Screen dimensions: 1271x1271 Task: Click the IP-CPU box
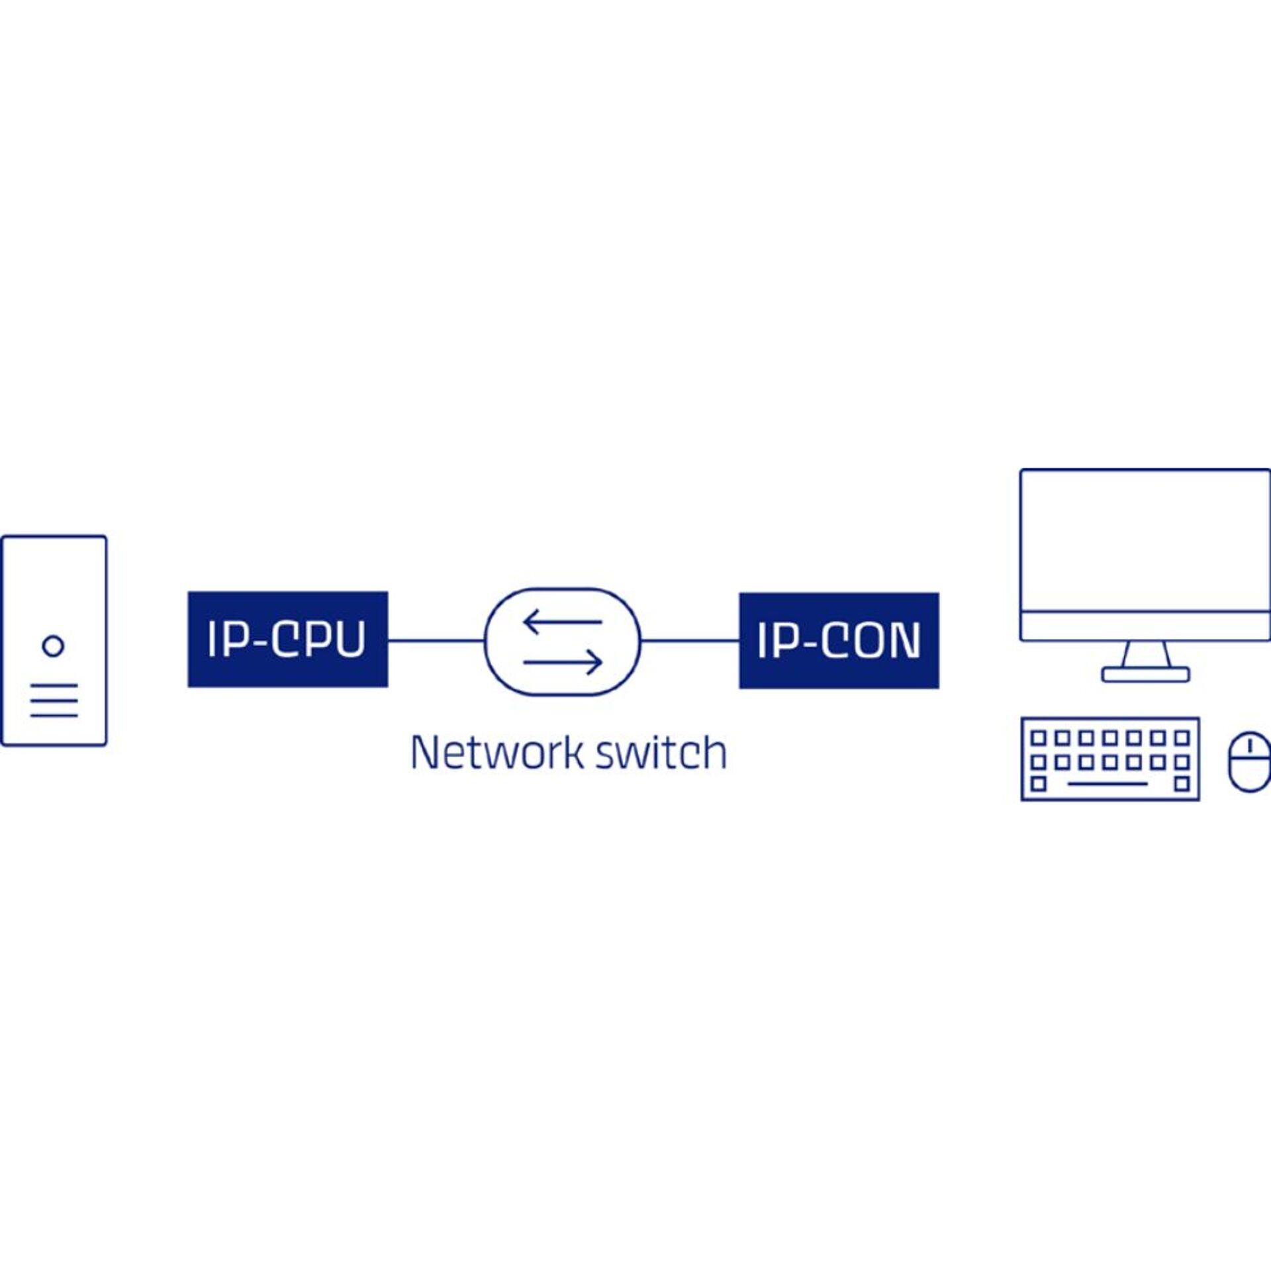[x=287, y=639]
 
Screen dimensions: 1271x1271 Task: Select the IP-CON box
[x=839, y=640]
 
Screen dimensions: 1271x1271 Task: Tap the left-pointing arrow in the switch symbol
[x=562, y=622]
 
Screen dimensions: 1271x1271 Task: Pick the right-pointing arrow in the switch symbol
[x=563, y=661]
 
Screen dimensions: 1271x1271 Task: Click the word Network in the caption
[x=497, y=753]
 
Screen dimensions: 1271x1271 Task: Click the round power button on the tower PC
[x=53, y=645]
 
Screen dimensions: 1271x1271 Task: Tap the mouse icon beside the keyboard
[x=1250, y=761]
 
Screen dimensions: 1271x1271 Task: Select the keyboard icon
[x=1110, y=759]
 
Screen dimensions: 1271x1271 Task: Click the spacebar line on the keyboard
[x=1108, y=784]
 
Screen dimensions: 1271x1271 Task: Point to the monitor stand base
[x=1145, y=675]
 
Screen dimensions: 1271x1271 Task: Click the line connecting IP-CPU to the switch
[x=436, y=640]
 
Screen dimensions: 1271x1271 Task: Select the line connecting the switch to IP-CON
[x=690, y=640]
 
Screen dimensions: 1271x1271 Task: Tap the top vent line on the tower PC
[x=54, y=685]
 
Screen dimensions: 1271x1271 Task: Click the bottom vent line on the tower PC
[x=54, y=715]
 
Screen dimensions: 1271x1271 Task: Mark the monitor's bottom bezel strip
[x=1145, y=626]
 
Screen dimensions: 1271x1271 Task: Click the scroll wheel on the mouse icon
[x=1250, y=746]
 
